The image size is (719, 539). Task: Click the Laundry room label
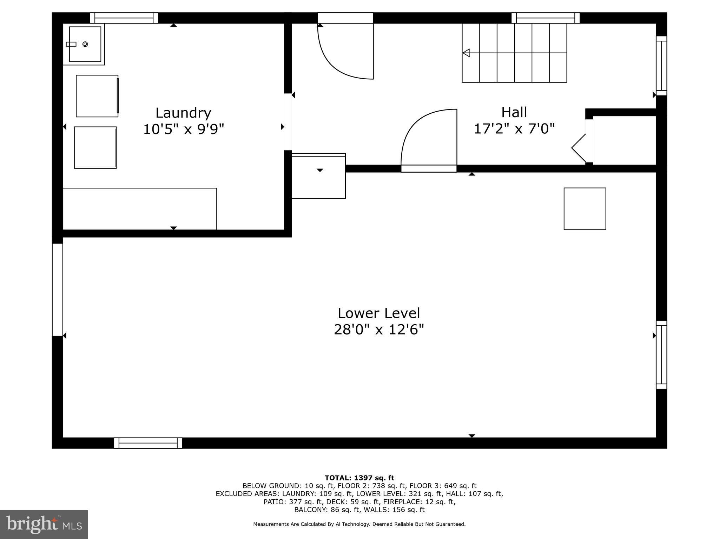(183, 113)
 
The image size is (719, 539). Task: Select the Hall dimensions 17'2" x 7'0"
(514, 129)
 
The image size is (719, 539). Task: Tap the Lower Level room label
(379, 313)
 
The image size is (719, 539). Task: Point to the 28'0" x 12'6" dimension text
(379, 330)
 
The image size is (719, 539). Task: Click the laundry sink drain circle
(85, 44)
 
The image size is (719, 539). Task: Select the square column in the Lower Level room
(585, 209)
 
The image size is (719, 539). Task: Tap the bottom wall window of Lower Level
(148, 443)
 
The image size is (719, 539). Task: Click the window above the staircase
(545, 18)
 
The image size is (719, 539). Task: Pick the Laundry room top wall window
(124, 18)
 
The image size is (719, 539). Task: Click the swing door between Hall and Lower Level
(429, 140)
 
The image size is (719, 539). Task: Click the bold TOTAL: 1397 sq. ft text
(359, 478)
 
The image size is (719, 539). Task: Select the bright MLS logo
(44, 524)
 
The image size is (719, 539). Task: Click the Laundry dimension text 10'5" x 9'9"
(183, 129)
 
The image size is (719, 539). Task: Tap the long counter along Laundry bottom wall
(140, 209)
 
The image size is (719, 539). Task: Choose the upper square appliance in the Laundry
(97, 96)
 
